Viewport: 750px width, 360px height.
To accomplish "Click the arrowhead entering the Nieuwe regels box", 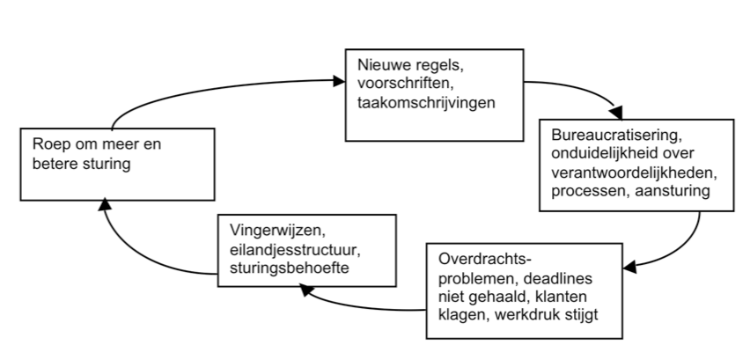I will (x=338, y=82).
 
